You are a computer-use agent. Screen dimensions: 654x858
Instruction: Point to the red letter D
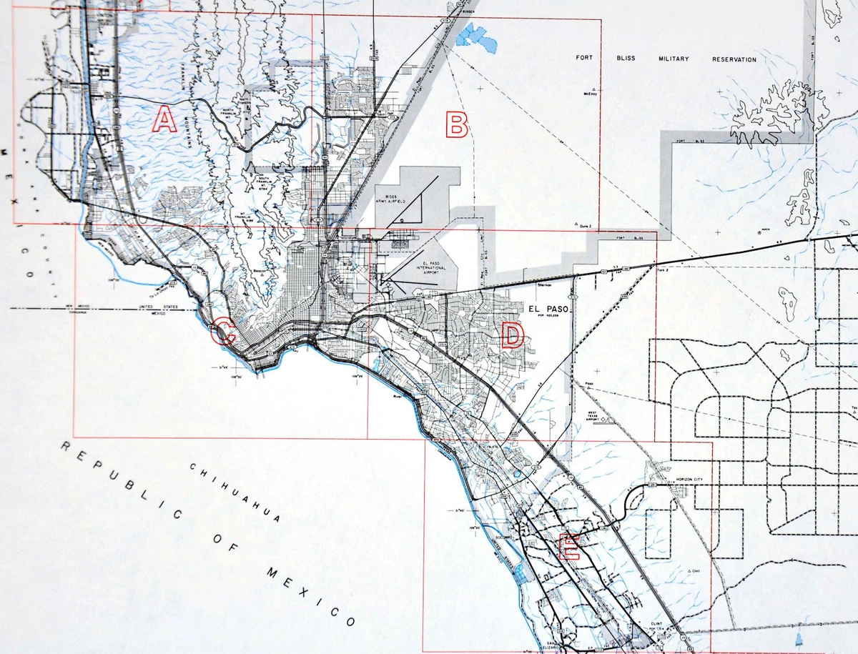tap(512, 335)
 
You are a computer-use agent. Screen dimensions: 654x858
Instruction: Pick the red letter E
tap(568, 547)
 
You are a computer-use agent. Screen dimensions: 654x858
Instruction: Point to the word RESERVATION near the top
tap(734, 59)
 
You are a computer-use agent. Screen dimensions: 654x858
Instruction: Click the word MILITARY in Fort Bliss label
tap(674, 59)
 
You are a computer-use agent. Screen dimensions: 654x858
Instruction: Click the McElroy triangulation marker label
tap(590, 92)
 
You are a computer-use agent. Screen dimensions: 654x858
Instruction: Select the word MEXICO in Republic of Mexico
tap(310, 595)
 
